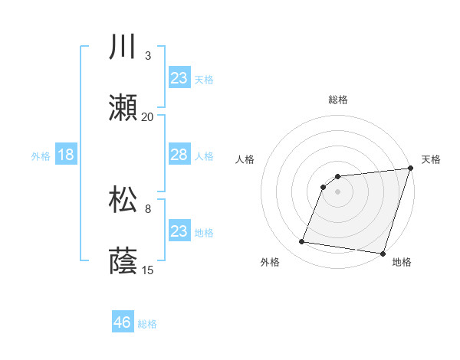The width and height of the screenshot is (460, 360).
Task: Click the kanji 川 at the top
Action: click(x=123, y=47)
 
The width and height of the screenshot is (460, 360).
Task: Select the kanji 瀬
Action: click(x=123, y=108)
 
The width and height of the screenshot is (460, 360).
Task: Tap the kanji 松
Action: click(x=123, y=200)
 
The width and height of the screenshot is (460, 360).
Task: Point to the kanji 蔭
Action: click(x=123, y=261)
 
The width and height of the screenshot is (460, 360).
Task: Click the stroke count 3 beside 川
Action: click(x=148, y=56)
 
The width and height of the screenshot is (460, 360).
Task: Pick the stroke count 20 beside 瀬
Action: click(x=148, y=117)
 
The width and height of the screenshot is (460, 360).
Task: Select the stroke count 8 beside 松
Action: click(x=148, y=208)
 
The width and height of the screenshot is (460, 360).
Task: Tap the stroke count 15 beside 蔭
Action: click(x=148, y=270)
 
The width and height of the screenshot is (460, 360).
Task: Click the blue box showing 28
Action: click(x=179, y=155)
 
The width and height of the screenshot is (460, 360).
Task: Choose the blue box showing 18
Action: click(x=66, y=155)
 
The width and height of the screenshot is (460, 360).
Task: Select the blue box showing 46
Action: click(x=123, y=322)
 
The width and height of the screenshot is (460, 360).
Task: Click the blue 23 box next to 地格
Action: click(x=179, y=231)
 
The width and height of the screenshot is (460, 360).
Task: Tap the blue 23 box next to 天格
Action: click(x=179, y=78)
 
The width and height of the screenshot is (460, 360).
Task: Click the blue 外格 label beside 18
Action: click(x=41, y=155)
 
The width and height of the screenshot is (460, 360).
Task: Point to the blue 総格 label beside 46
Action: click(x=147, y=324)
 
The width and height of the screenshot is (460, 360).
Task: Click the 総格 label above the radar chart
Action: click(x=337, y=100)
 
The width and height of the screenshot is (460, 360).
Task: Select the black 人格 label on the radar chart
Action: click(x=245, y=159)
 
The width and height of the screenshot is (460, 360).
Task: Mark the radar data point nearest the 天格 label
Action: click(x=410, y=169)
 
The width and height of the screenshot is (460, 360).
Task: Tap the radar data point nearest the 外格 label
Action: click(x=302, y=242)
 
